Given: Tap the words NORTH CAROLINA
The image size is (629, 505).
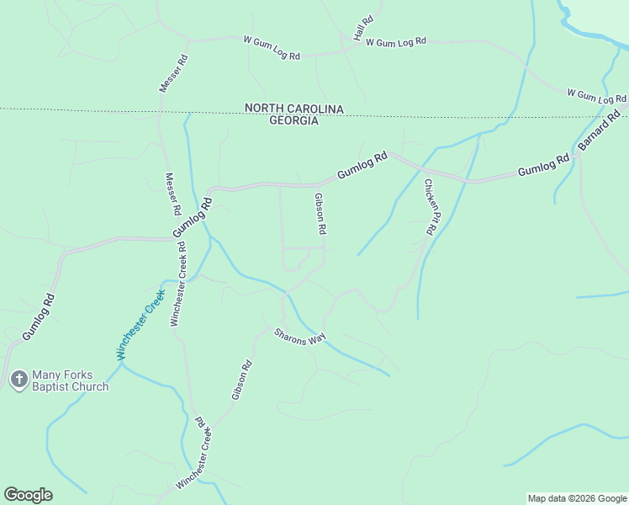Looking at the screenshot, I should tap(294, 109).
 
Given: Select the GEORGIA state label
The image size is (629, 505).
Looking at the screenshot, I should tap(293, 120).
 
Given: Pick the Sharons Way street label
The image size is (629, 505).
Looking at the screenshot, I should tap(299, 336).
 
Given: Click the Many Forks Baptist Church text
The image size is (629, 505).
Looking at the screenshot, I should tap(71, 380).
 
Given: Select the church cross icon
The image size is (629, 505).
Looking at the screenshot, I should tap(18, 380).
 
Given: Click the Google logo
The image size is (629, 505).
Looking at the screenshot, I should tap(28, 495).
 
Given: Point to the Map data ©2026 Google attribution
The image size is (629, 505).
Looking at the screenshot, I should tap(576, 498).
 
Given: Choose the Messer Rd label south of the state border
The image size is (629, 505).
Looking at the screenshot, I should tap(173, 193).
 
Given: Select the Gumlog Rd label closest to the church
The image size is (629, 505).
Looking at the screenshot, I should tap(39, 316).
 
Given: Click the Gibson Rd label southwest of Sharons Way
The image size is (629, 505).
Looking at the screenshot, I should tap(241, 380).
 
